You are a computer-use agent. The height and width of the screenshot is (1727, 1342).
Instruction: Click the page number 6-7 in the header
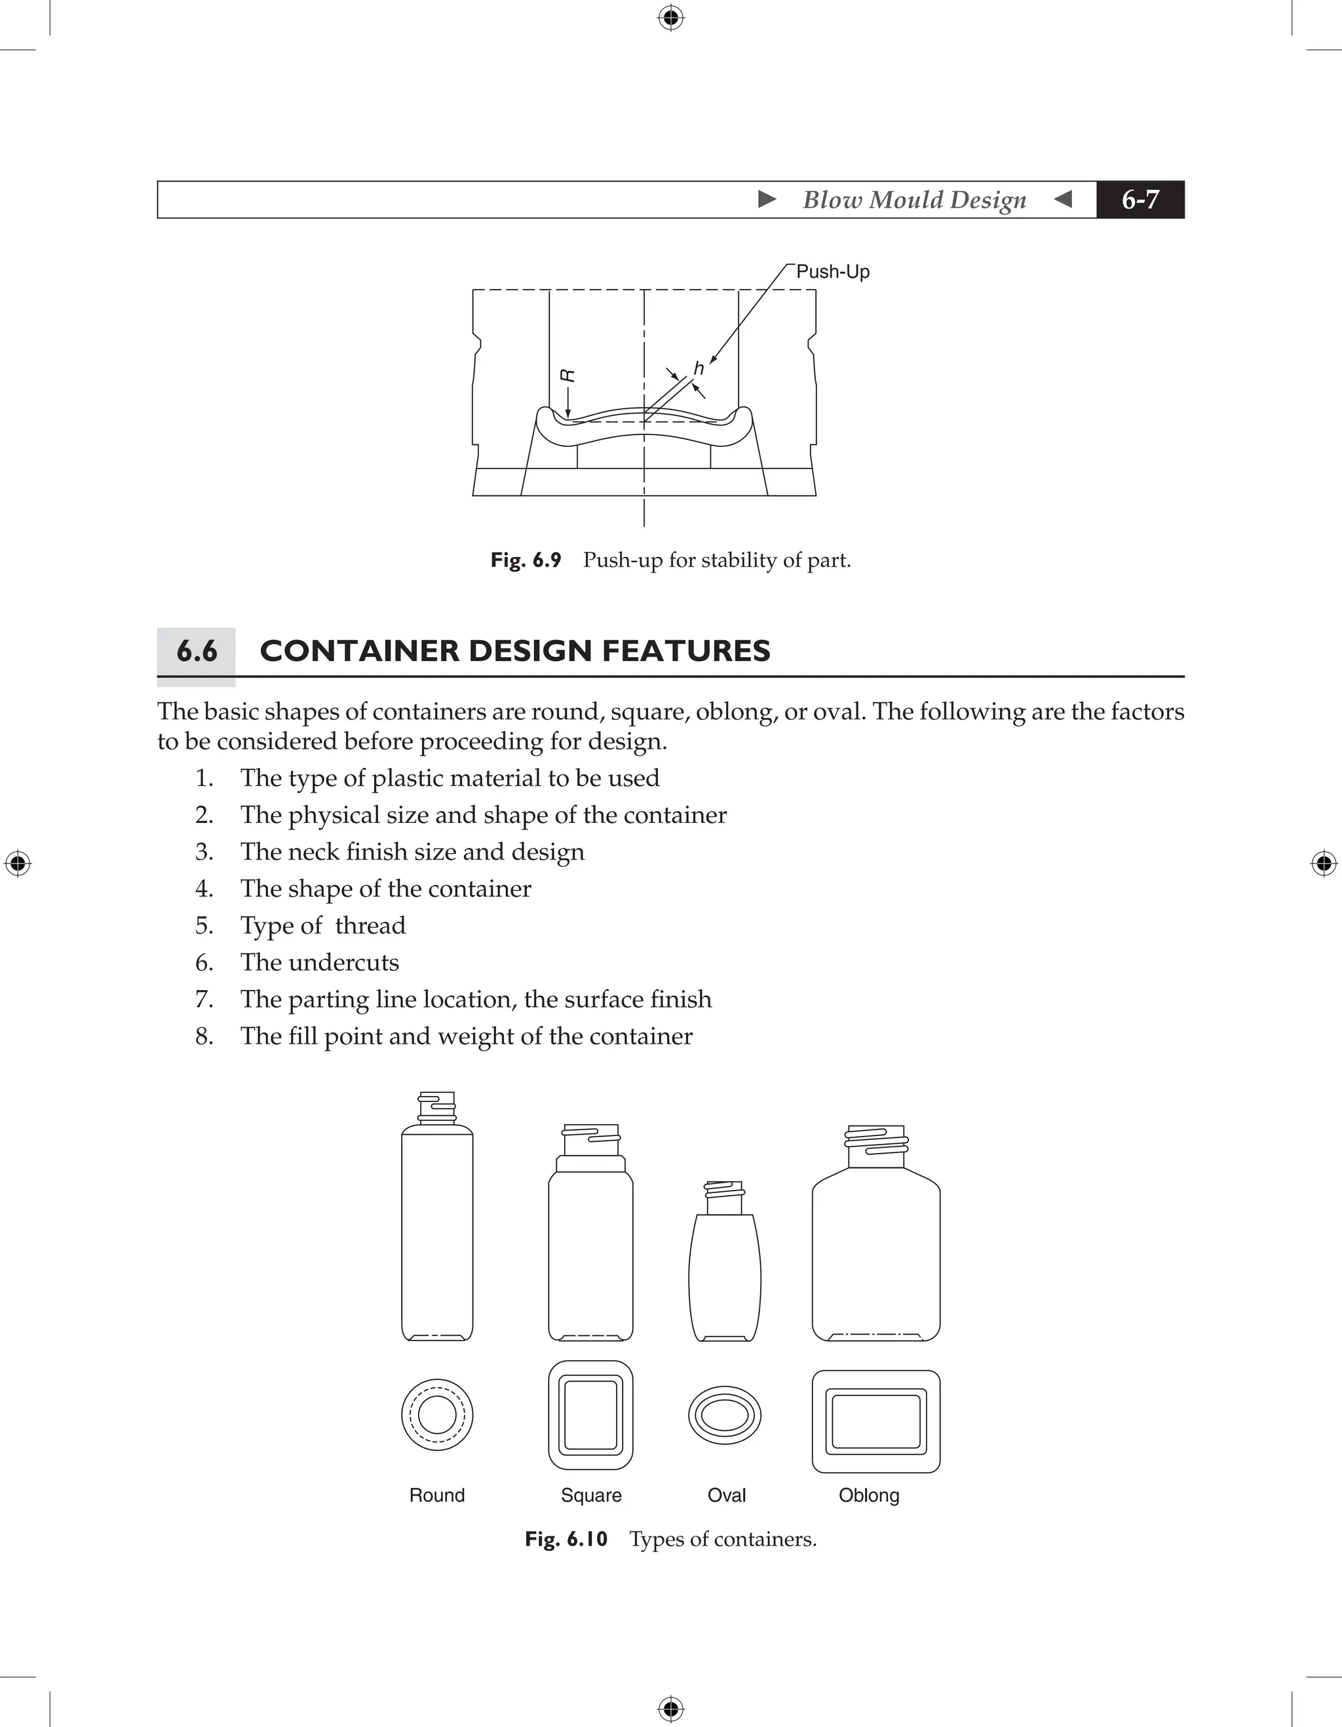coord(1140,199)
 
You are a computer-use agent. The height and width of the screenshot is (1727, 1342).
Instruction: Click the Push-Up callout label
coord(832,271)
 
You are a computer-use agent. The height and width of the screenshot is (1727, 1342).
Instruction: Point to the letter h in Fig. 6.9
coord(699,368)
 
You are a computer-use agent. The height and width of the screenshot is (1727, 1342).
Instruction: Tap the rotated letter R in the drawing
coord(567,375)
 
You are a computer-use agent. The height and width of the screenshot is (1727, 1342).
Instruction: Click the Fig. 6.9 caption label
coord(525,560)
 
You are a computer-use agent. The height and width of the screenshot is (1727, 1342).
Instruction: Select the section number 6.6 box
coord(196,651)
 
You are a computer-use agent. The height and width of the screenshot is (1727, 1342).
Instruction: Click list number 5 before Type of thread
coord(204,925)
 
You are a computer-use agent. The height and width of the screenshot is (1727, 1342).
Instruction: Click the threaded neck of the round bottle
coord(436,1109)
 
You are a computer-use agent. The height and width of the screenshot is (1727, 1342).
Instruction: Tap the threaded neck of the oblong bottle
coord(876,1146)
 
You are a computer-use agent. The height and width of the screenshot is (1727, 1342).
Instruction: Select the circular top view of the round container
coord(437,1414)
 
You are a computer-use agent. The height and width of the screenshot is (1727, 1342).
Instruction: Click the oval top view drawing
coord(724,1414)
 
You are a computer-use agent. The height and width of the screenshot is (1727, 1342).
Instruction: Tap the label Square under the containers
coord(591,1495)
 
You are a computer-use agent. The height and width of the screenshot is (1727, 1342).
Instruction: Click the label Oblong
coord(868,1495)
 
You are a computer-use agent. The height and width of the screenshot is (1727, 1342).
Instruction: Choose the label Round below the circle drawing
coord(436,1495)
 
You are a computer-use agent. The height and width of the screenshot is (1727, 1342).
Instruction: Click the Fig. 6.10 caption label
coord(566,1539)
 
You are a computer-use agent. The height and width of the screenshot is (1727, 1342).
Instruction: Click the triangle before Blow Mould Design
coord(766,199)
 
